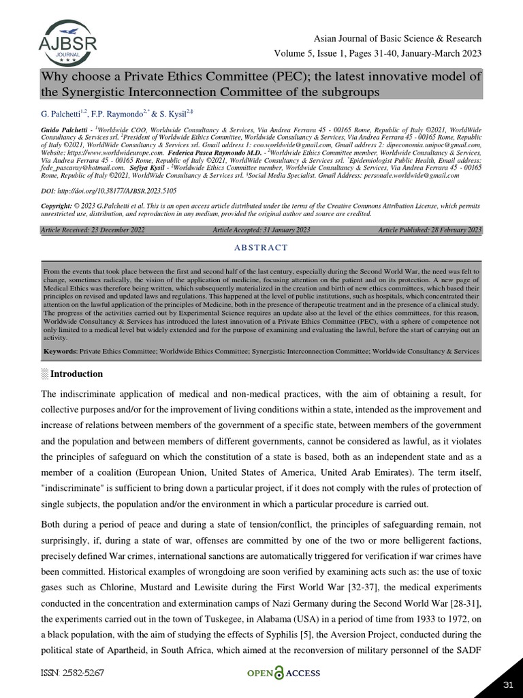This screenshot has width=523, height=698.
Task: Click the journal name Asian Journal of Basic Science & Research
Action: (x=398, y=38)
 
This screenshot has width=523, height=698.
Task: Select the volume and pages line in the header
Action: (x=377, y=53)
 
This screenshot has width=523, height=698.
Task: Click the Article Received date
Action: (x=93, y=230)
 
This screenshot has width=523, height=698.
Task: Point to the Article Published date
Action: (x=430, y=230)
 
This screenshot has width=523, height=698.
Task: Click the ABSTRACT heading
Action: (x=261, y=247)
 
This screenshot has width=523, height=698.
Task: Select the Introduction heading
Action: (x=76, y=374)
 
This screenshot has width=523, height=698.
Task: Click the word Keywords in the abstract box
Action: (x=60, y=351)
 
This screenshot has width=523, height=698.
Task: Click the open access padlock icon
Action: (x=279, y=673)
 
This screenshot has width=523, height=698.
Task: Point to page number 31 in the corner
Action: (x=507, y=684)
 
